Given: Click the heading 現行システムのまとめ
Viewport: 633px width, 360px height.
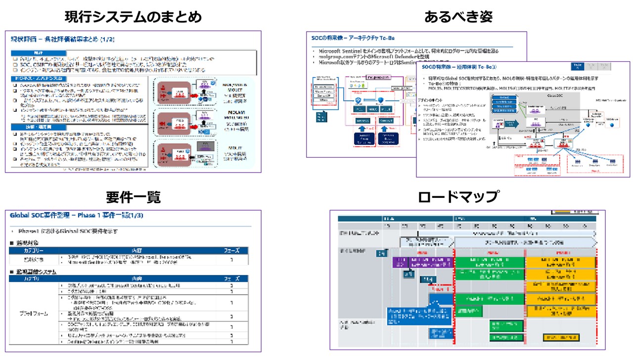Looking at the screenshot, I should click(134, 17).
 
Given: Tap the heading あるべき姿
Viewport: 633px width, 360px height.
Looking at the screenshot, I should click(458, 17).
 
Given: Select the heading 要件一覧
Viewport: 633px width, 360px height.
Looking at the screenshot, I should click(134, 197).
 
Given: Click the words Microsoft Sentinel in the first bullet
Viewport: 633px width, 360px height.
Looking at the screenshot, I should click(340, 51).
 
